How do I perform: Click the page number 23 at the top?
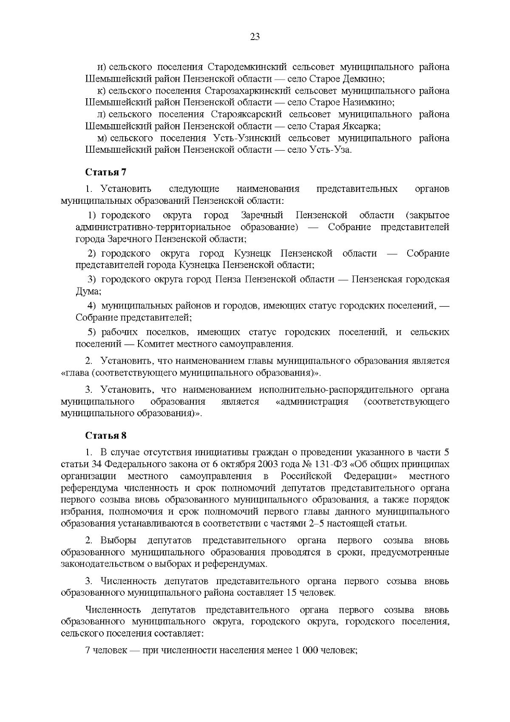(x=255, y=37)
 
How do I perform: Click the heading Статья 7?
(x=106, y=172)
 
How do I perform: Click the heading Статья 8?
(x=106, y=436)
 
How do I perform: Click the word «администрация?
(x=312, y=402)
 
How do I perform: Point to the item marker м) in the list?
(x=102, y=138)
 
